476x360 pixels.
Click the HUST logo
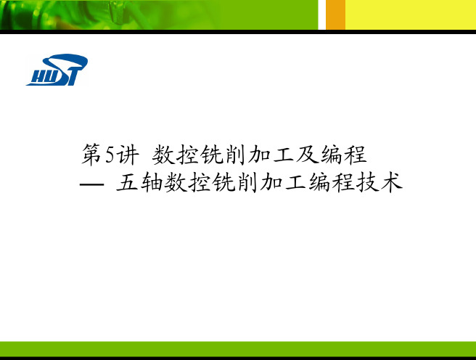(x=57, y=70)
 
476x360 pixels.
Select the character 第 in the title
(x=91, y=155)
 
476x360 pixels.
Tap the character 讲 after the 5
(x=128, y=155)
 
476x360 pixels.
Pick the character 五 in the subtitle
(x=127, y=182)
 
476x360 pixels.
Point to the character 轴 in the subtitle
(x=152, y=182)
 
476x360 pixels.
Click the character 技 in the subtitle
(x=367, y=182)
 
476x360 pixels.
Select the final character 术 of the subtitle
(x=392, y=182)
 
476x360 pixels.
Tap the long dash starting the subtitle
(x=91, y=184)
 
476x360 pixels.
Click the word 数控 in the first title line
(x=175, y=155)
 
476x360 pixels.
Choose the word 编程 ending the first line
(x=343, y=155)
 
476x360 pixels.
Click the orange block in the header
(x=335, y=15)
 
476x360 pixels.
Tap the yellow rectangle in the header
(x=411, y=15)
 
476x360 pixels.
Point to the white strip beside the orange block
(x=321, y=15)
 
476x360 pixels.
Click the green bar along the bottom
(x=238, y=349)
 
